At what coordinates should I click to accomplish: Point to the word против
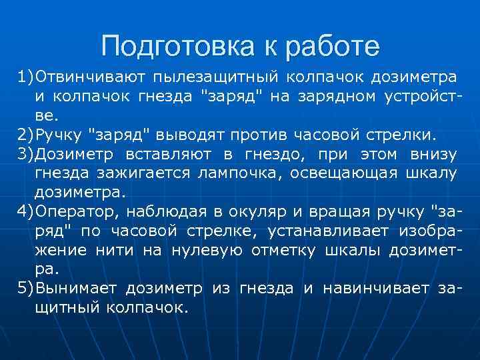click(262, 136)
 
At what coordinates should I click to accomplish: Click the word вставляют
click(167, 155)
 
